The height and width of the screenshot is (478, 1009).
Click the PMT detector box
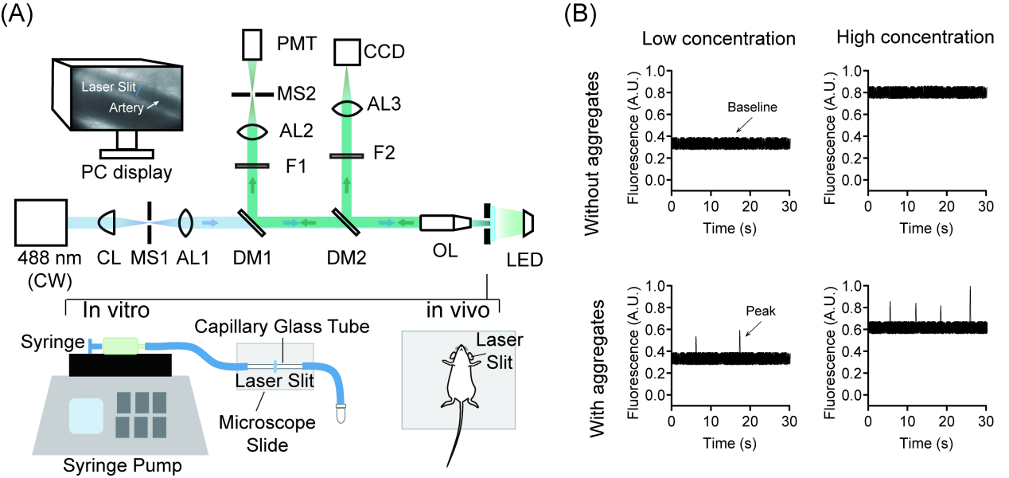[x=251, y=45]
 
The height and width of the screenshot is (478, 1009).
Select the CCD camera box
[x=347, y=52]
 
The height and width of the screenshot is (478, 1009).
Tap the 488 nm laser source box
[x=41, y=222]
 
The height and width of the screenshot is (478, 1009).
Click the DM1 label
[x=252, y=258]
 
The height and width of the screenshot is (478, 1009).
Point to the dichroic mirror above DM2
[x=346, y=221]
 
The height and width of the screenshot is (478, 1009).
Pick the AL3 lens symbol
[x=347, y=108]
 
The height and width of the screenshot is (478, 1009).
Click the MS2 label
[x=296, y=93]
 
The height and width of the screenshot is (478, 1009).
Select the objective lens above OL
[x=446, y=223]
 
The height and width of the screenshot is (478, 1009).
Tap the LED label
[x=524, y=260]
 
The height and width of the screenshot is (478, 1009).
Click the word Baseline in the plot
[x=752, y=107]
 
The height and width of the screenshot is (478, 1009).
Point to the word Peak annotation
[x=761, y=311]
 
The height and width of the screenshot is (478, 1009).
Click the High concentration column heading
[x=915, y=37]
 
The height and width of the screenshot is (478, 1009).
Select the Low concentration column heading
[x=719, y=39]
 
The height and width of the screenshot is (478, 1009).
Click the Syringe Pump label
[x=123, y=465]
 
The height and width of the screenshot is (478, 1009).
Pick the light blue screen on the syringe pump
[x=86, y=415]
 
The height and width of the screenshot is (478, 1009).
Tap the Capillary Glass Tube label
[x=282, y=327]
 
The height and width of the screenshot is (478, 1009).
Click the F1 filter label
[x=296, y=167]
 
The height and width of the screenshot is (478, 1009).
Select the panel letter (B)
[x=580, y=14]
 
